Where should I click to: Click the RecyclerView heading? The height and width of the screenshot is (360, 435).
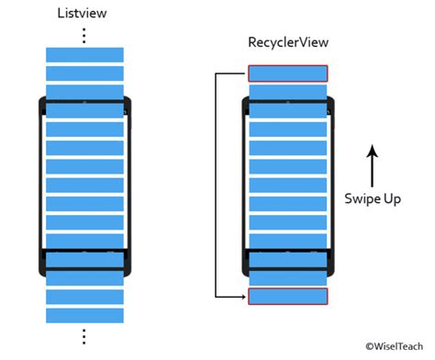point(287,43)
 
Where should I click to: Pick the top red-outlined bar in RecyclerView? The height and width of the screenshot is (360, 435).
point(287,73)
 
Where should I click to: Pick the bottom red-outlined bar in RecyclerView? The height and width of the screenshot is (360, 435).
point(287,296)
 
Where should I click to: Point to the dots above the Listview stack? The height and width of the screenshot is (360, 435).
point(84,35)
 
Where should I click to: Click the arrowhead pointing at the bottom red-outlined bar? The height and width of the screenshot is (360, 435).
point(242,296)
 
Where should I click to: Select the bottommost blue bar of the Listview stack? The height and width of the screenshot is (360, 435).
point(84,314)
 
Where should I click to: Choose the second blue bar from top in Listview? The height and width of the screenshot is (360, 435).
point(84,73)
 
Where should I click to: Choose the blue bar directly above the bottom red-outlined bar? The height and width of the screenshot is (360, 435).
point(287,276)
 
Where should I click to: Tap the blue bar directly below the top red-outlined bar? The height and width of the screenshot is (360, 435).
point(287,93)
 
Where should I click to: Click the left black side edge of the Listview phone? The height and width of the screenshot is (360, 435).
point(40,184)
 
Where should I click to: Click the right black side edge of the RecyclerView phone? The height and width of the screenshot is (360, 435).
point(330,184)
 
